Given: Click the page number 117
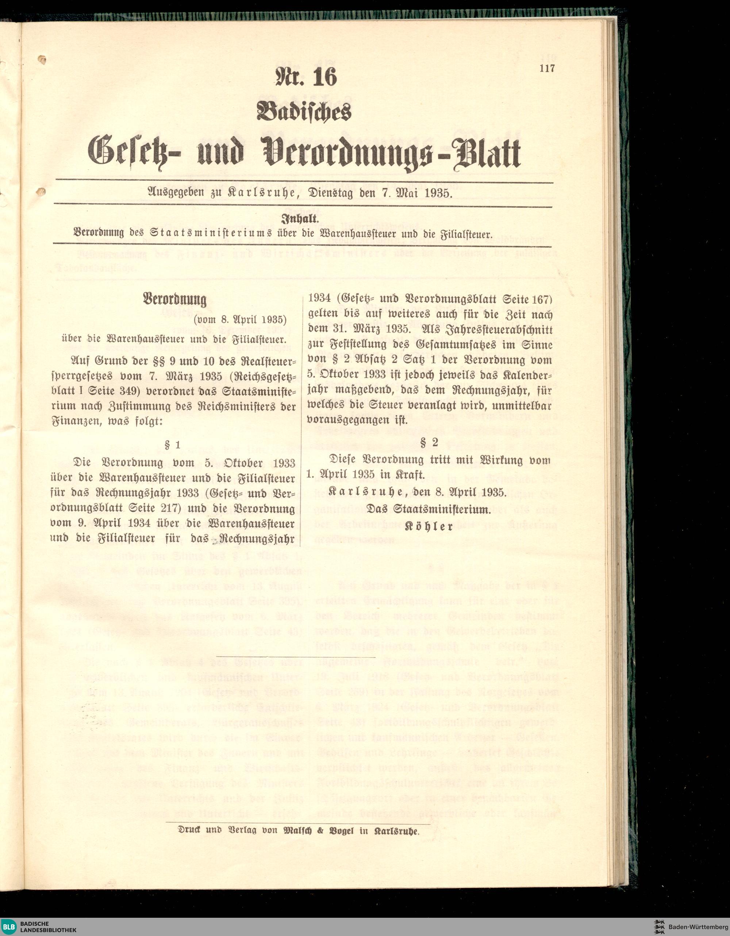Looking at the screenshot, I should click(x=547, y=68).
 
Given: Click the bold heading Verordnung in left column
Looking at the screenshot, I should click(x=174, y=299).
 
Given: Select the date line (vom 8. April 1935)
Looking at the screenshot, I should click(x=240, y=320).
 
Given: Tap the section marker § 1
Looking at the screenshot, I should click(x=172, y=445).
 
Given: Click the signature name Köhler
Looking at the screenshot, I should click(x=429, y=527).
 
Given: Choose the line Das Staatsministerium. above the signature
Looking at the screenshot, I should click(x=429, y=510).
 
